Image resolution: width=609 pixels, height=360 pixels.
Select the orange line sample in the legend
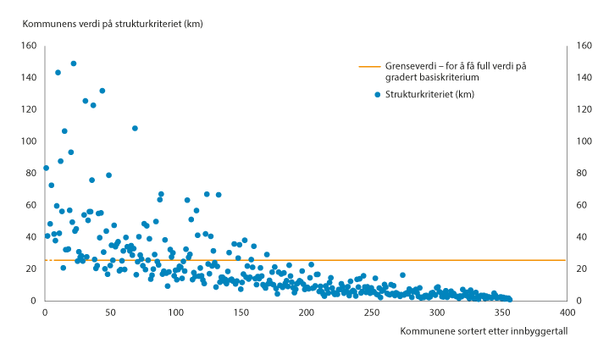click(369, 66)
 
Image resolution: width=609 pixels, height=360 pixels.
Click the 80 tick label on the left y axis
click(30, 173)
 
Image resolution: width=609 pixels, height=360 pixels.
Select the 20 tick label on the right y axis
click(581, 269)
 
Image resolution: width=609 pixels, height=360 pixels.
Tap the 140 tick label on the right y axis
click(584, 77)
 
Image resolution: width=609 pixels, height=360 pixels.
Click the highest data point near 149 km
click(74, 64)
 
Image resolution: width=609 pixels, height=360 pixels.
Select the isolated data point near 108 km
click(135, 128)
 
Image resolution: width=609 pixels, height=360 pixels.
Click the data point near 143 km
click(58, 73)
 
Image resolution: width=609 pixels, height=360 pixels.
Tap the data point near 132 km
click(102, 91)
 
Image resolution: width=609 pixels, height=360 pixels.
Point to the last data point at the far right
click(509, 299)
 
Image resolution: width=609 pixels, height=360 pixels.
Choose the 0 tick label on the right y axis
click(579, 301)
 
